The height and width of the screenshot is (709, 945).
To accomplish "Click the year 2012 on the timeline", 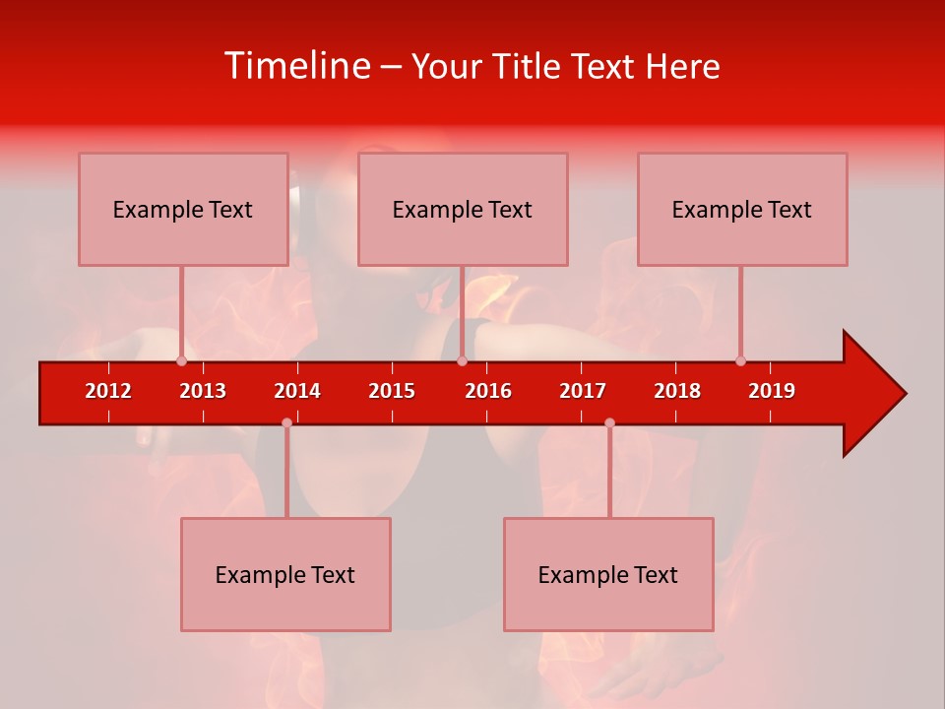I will click(x=108, y=391).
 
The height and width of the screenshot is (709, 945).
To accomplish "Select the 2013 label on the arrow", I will click(x=203, y=391).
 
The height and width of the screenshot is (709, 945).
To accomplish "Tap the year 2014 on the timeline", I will click(x=297, y=391).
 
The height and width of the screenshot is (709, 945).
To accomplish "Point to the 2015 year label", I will click(x=392, y=391).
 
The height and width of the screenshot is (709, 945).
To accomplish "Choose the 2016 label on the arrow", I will click(x=488, y=391).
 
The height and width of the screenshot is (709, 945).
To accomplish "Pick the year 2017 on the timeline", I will click(x=583, y=391).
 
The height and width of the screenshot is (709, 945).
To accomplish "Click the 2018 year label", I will click(x=677, y=391).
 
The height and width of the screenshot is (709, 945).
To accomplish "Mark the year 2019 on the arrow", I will click(x=772, y=391).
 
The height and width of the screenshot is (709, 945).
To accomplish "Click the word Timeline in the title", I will click(x=296, y=66).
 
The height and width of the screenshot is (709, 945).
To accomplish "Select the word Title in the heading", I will click(x=530, y=66).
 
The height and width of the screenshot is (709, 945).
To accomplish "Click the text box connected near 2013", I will click(x=183, y=209).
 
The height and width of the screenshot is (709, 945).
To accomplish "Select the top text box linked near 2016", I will click(x=463, y=209).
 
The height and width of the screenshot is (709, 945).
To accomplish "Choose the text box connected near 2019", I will click(x=742, y=209).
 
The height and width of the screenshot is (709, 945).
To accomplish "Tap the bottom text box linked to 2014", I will click(x=285, y=574).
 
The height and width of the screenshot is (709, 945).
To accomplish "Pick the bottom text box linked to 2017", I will click(x=608, y=574).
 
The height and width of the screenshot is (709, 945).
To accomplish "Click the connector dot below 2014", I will click(x=286, y=422).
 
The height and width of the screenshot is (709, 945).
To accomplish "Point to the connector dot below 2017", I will click(x=609, y=422).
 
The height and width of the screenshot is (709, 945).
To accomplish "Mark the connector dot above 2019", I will click(x=740, y=360).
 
